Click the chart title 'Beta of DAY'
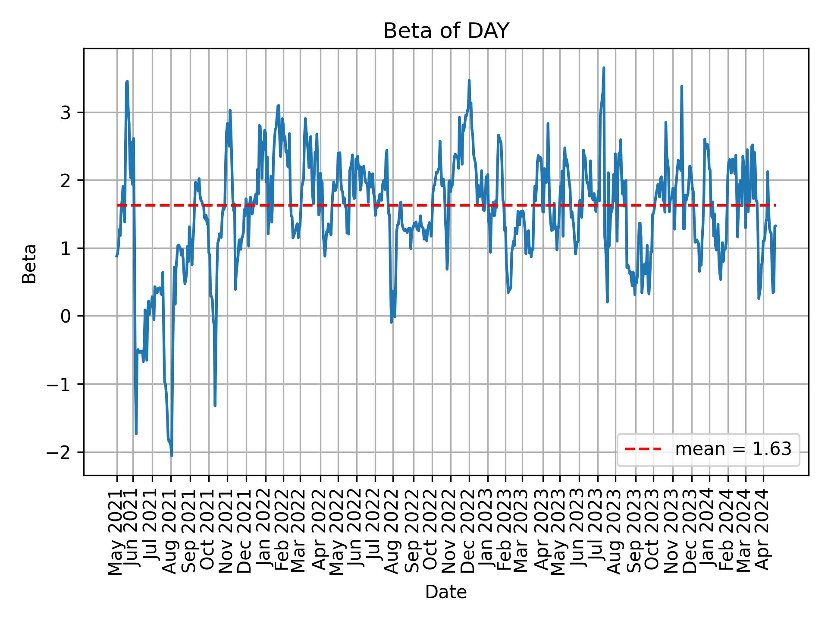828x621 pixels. (446, 31)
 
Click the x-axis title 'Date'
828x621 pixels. (446, 592)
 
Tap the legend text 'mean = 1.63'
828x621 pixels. (733, 449)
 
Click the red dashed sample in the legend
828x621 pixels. (643, 449)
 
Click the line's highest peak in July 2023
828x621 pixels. (604, 68)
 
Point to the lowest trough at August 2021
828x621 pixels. (171, 455)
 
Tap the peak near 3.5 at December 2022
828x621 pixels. (469, 80)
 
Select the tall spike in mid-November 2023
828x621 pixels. (681, 86)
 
